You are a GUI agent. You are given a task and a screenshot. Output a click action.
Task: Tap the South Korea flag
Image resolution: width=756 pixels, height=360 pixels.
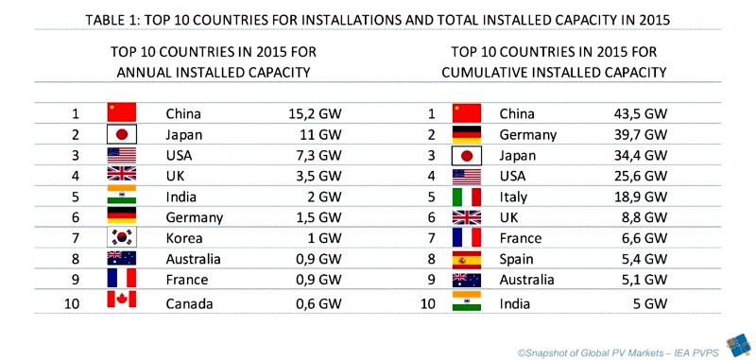(x=122, y=237)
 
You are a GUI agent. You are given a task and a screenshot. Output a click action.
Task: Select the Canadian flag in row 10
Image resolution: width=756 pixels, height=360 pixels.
(x=122, y=300)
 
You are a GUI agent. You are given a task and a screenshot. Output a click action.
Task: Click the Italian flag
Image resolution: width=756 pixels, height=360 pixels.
(x=468, y=196)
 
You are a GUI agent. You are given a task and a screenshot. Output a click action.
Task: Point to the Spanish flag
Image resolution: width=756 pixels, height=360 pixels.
(x=468, y=258)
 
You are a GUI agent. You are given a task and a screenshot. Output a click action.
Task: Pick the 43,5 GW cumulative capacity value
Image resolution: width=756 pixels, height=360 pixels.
(x=640, y=113)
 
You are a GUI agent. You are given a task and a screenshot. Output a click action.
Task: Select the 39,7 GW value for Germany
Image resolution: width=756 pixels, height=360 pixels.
(x=640, y=134)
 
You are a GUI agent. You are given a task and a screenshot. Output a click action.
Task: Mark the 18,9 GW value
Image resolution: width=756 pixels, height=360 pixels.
(x=640, y=196)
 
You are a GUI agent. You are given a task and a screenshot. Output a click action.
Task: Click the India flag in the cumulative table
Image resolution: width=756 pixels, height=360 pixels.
(x=468, y=300)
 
